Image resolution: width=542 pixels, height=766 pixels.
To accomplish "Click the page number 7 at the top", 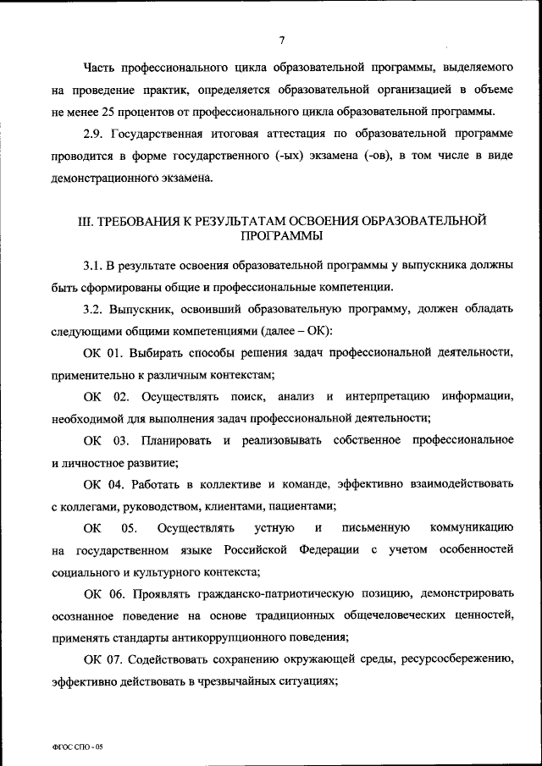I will (x=281, y=39).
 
